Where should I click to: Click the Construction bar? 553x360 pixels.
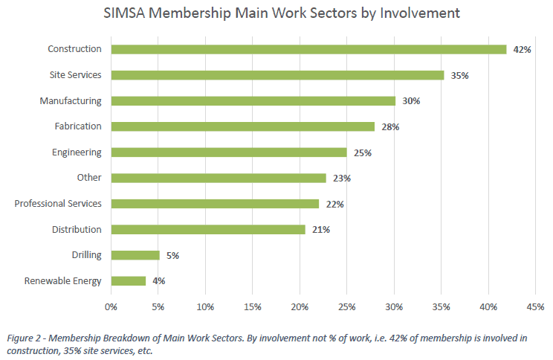(x=308, y=49)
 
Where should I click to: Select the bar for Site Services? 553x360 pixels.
(x=277, y=75)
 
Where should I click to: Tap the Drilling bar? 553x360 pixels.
(x=135, y=255)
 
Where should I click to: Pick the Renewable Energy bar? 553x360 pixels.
(x=129, y=281)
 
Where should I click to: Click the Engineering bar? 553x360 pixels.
(x=229, y=152)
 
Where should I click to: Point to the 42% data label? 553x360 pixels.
(x=520, y=50)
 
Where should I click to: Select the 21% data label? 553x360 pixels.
(x=321, y=230)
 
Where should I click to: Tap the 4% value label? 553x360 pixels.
(x=158, y=281)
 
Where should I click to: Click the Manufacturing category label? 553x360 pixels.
(x=71, y=100)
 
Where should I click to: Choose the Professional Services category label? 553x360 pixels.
(x=58, y=203)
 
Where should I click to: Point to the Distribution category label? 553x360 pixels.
(x=77, y=229)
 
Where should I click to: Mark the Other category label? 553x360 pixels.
(x=89, y=178)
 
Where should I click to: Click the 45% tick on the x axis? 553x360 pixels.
(x=535, y=306)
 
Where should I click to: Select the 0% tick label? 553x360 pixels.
(x=111, y=306)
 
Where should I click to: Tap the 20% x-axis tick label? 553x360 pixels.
(x=300, y=306)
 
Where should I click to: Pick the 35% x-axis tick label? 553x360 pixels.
(x=441, y=306)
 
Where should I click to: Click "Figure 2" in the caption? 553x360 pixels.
(x=26, y=338)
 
